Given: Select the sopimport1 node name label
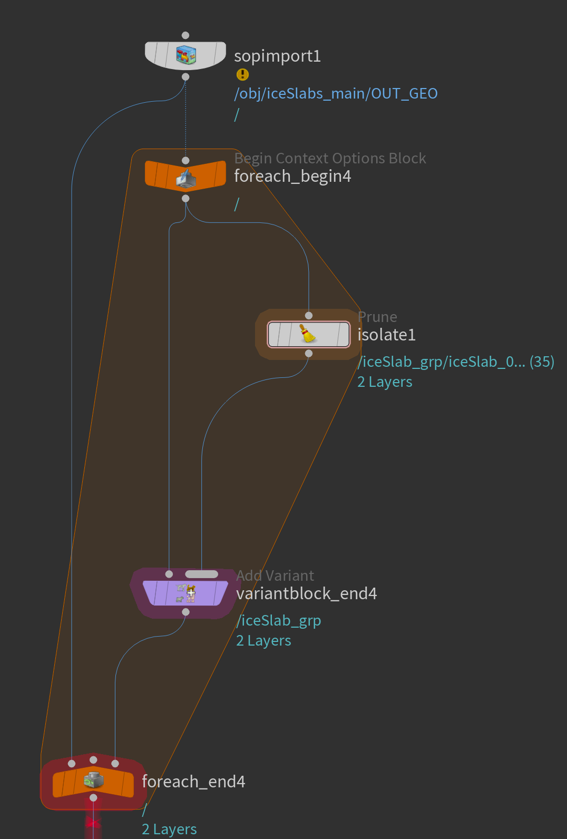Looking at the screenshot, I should [x=277, y=56].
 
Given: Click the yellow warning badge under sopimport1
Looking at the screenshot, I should [x=242, y=74].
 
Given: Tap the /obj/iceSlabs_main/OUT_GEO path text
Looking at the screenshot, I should [x=336, y=93].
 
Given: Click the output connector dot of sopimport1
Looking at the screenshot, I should [x=185, y=77].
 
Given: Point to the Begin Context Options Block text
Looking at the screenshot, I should [x=330, y=158].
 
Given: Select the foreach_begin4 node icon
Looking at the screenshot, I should [x=185, y=179].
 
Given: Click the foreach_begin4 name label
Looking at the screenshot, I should [x=292, y=176].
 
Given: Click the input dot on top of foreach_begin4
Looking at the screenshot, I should [x=185, y=160].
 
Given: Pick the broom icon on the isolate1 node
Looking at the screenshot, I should [x=308, y=334].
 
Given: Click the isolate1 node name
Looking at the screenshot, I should [x=386, y=335].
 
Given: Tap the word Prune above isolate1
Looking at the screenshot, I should [x=377, y=317].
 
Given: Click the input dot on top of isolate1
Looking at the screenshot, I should [x=309, y=316].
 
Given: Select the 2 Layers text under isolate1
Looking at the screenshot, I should [x=385, y=382].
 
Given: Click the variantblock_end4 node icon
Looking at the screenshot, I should [x=185, y=593].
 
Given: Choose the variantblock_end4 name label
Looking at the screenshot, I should [x=306, y=594].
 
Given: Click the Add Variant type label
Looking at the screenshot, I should [x=275, y=575].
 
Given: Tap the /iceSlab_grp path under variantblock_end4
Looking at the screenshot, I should [x=279, y=620].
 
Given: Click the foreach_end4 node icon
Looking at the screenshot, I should [x=94, y=781].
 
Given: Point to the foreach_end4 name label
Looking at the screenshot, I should [x=193, y=782].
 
